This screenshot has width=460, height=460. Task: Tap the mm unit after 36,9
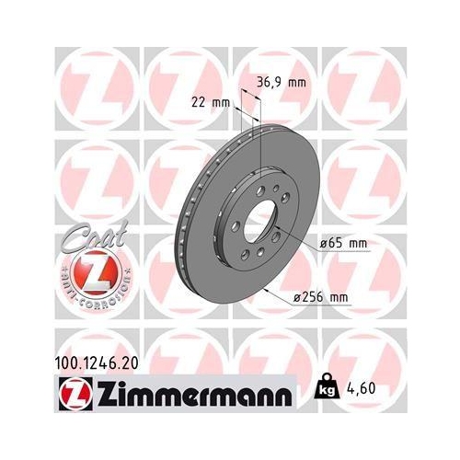click(294, 82)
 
